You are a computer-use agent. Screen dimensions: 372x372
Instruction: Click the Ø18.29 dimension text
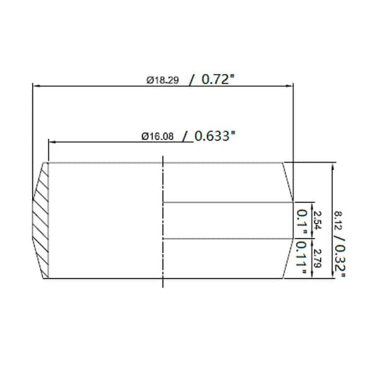[x=164, y=80]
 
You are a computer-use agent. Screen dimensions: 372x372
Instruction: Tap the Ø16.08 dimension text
[x=157, y=136]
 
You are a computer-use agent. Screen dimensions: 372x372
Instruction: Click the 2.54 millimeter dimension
[x=317, y=219]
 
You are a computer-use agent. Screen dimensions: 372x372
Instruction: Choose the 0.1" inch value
[x=303, y=221]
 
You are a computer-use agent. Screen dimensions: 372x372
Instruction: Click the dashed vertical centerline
[x=163, y=221]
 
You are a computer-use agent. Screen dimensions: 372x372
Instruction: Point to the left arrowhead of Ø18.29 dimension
[x=35, y=86]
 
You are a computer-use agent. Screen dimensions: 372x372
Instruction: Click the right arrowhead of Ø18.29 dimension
[x=291, y=86]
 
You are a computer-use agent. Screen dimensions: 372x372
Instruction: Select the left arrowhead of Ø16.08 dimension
[x=51, y=142]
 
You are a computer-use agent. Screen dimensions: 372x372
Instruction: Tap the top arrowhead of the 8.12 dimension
[x=334, y=166]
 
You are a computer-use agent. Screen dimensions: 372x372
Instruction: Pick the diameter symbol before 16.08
[x=144, y=136]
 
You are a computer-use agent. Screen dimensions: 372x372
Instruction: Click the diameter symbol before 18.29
[x=150, y=80]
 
